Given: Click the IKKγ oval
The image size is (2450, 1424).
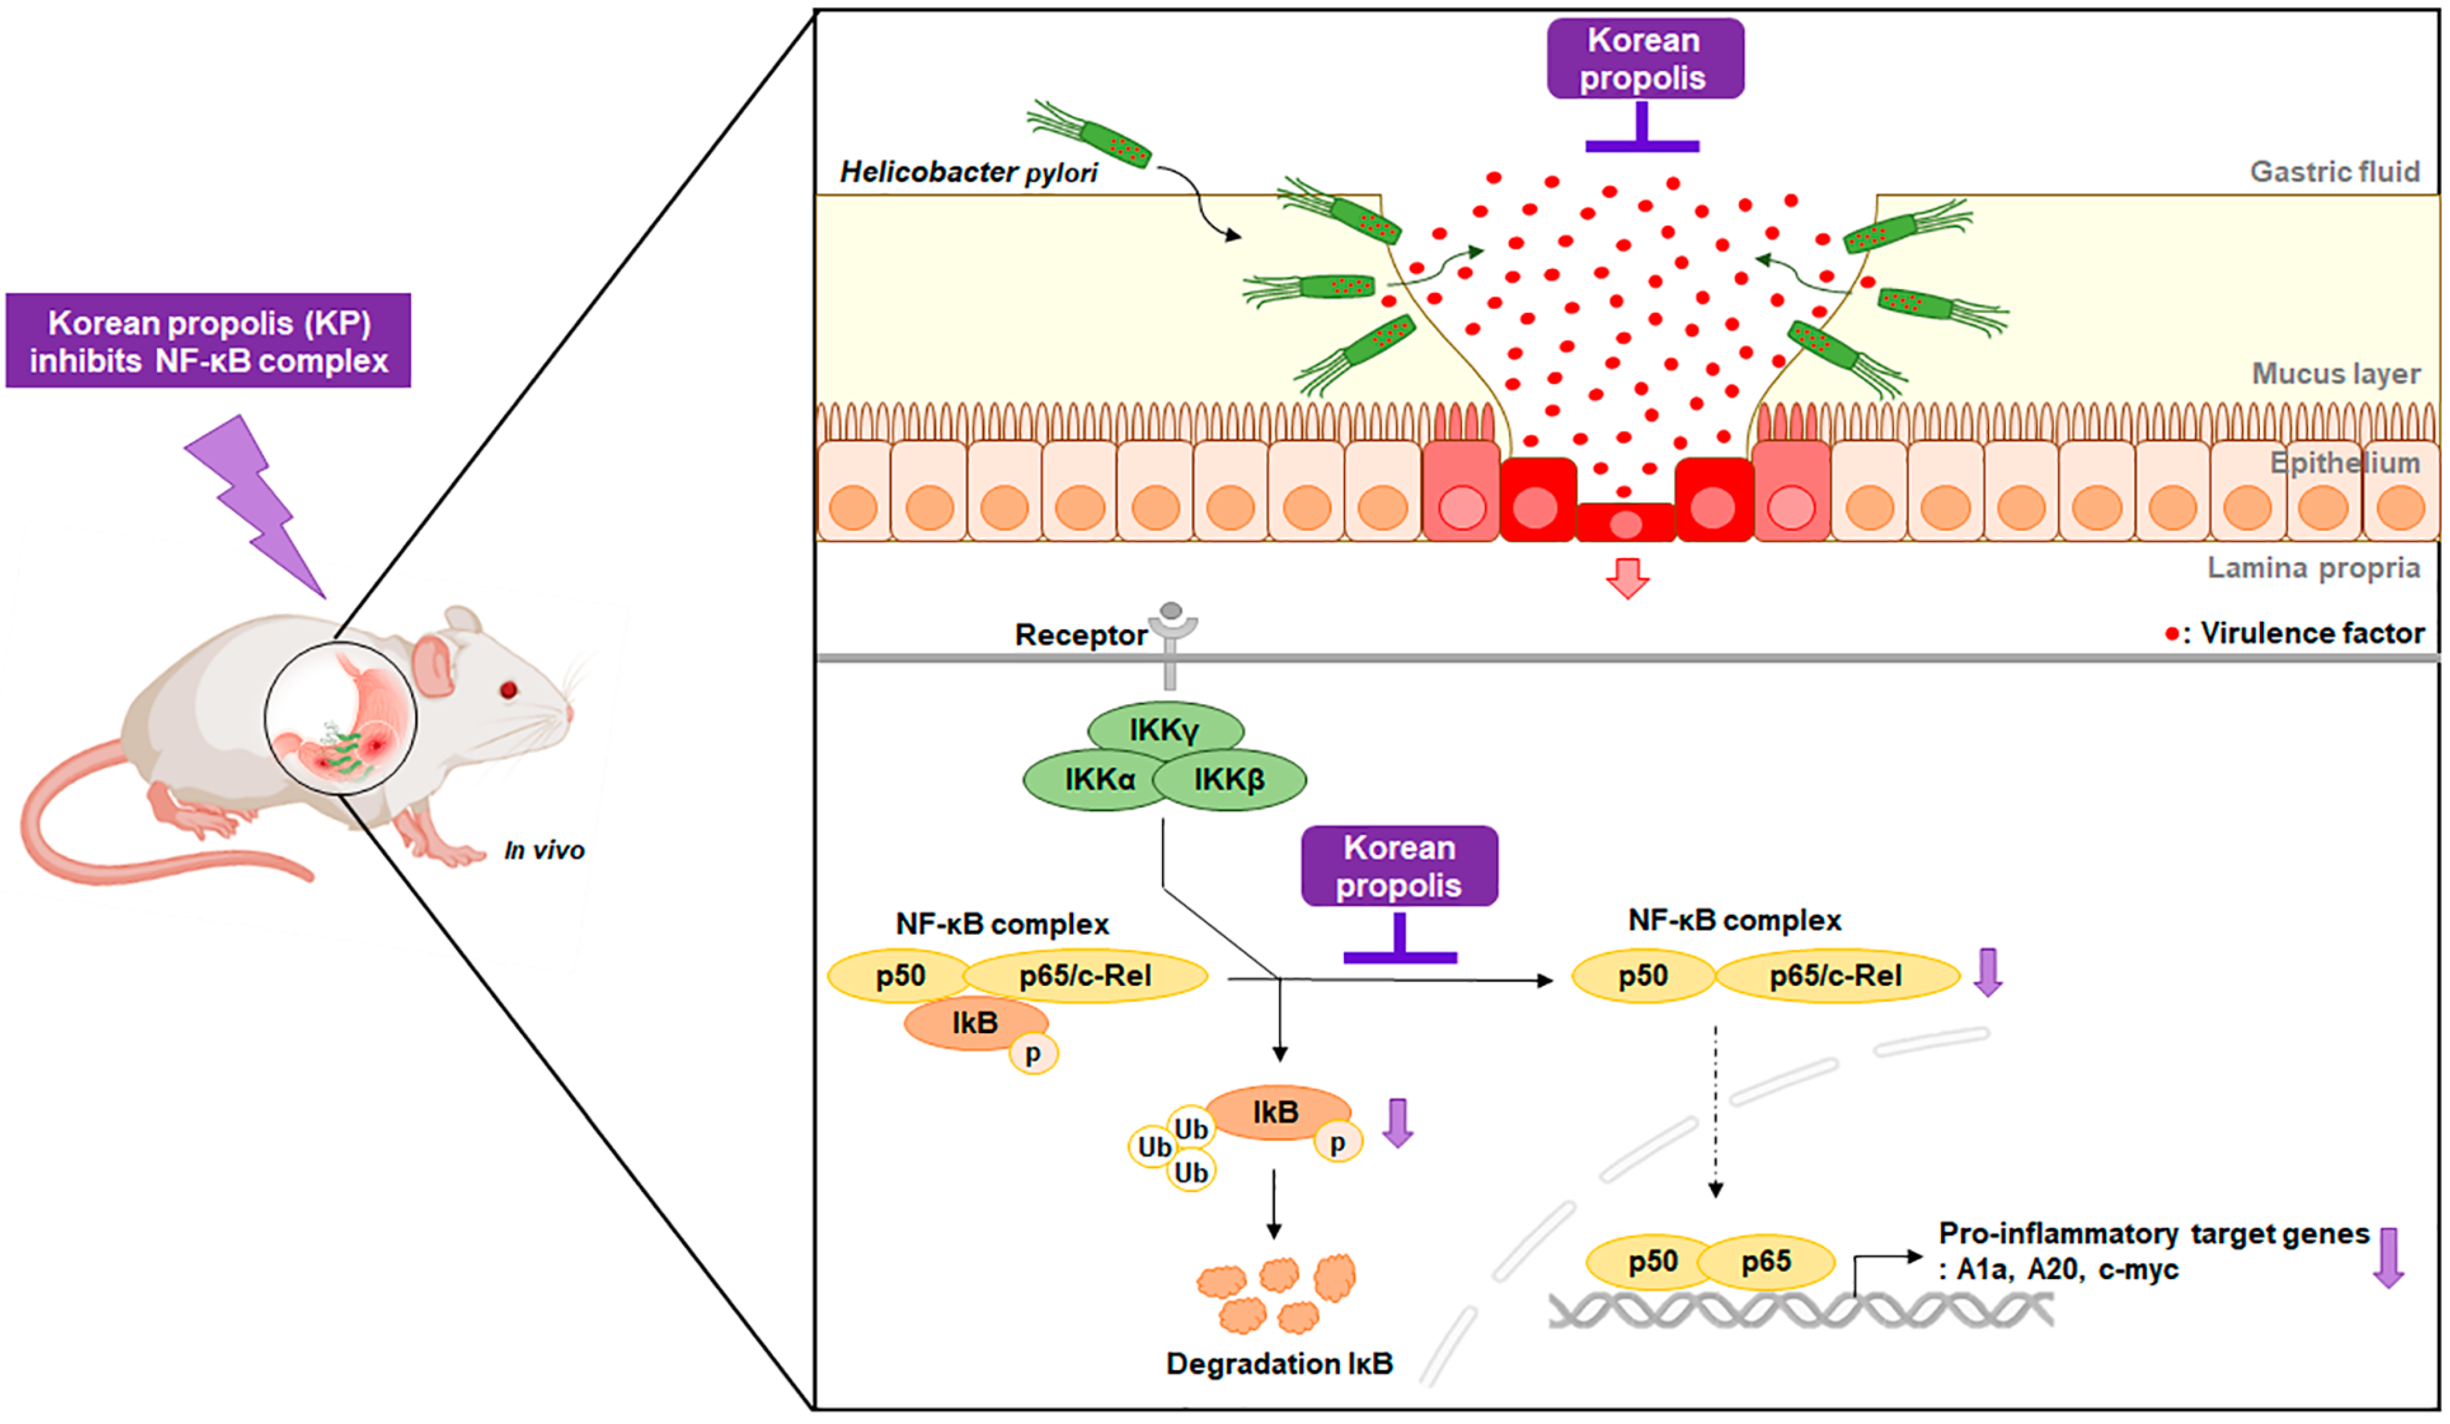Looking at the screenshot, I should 1164,730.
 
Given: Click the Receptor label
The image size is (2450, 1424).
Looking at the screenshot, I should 1080,635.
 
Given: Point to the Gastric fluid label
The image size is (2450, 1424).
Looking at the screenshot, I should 2333,172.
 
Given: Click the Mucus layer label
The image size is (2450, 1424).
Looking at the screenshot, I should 2335,374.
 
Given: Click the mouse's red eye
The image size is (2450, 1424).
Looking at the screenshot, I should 508,690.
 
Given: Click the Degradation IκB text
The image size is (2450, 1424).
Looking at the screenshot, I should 1279,1363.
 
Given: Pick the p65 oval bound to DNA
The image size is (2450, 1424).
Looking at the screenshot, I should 1766,1262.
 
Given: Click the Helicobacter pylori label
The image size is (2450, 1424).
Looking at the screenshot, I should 969,172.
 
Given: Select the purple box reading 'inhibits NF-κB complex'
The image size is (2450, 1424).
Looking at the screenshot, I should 208,341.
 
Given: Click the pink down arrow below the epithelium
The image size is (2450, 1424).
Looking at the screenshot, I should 1626,578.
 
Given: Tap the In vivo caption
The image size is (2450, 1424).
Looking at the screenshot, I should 544,850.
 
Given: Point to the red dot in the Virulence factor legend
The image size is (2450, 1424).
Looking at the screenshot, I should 2171,634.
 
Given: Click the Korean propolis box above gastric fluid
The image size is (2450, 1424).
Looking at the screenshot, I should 1645,58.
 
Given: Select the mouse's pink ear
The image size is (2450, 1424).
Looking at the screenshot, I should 433,665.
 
